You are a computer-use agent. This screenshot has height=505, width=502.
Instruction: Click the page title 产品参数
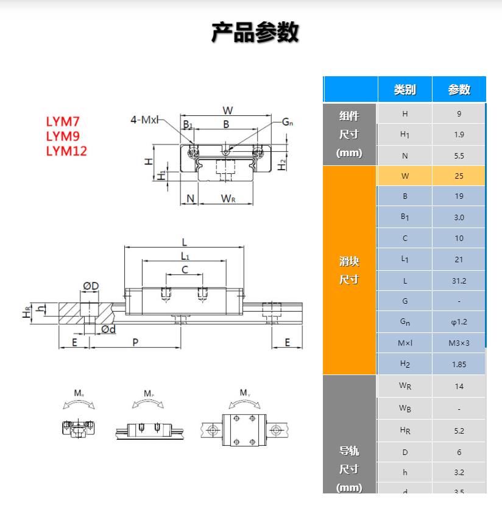click(x=255, y=32)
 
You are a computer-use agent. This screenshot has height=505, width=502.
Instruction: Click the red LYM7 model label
click(x=63, y=122)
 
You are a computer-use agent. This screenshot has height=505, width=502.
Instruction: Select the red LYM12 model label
click(x=66, y=151)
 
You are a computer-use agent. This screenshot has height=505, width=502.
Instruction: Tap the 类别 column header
click(x=405, y=90)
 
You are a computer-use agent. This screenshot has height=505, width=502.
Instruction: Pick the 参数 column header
click(x=459, y=90)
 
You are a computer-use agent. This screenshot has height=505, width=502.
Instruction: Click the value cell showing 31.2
click(x=459, y=281)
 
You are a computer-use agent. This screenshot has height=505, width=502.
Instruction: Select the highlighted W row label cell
click(x=405, y=176)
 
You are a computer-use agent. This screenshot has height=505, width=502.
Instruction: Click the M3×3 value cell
click(x=459, y=343)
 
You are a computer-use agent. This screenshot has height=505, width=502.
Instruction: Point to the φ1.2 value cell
click(x=459, y=321)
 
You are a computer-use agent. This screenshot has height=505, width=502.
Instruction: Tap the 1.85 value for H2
click(x=459, y=364)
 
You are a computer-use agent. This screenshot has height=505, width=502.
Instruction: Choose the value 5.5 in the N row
click(x=459, y=156)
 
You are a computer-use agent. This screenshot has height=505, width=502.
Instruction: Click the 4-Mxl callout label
click(x=144, y=120)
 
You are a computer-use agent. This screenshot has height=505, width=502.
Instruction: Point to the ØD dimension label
click(x=91, y=286)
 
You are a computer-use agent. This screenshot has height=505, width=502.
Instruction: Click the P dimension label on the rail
click(x=135, y=343)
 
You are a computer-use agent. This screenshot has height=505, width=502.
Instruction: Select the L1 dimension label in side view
click(x=185, y=256)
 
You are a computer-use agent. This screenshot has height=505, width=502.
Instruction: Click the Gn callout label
click(x=287, y=122)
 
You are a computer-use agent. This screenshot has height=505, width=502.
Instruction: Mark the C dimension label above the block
click(x=185, y=270)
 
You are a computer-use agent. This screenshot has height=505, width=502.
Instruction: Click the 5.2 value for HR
click(x=459, y=431)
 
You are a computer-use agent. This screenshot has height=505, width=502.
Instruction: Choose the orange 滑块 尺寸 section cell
click(x=349, y=270)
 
